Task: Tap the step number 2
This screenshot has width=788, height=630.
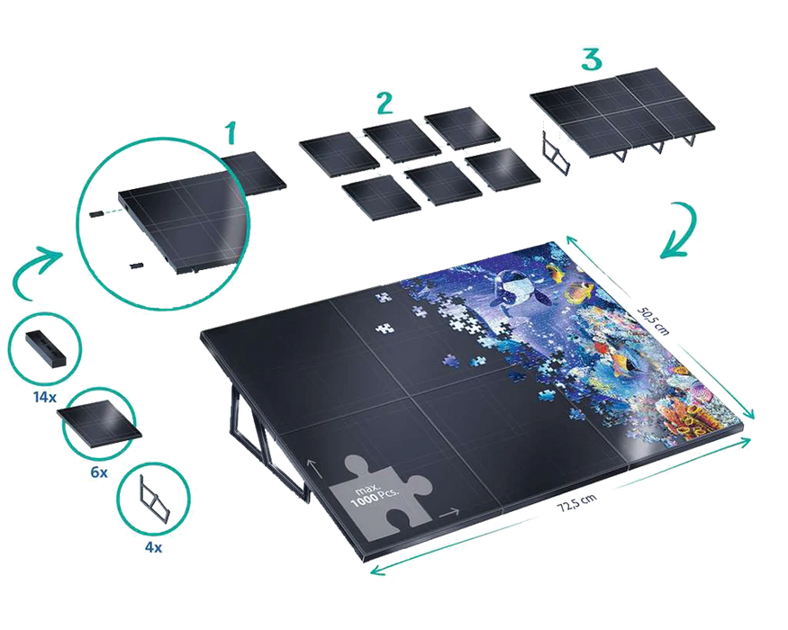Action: point(385,103)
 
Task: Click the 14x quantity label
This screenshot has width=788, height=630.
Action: point(45,398)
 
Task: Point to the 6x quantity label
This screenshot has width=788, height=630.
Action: point(99,472)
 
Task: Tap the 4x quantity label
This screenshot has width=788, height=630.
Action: point(153,547)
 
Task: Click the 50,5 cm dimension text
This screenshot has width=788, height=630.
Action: point(653,319)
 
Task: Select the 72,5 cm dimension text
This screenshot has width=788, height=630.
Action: point(577,502)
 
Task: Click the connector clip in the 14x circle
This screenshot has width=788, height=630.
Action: point(45,347)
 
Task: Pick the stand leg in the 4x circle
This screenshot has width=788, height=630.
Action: point(154,498)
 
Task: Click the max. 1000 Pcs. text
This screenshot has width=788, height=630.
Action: point(376,495)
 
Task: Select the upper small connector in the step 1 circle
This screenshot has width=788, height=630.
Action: point(96,214)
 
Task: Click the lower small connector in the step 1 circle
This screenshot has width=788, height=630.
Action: point(136,265)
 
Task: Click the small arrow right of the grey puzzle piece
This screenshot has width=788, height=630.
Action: point(449,512)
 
